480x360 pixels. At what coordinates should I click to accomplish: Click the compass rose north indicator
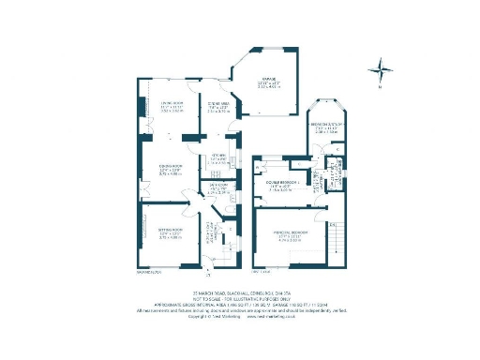[x=380, y=67]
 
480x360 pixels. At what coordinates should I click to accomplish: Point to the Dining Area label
[x=217, y=108]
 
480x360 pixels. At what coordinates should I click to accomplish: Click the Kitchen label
[x=217, y=159]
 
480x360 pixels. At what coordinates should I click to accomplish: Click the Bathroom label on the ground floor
[x=217, y=189]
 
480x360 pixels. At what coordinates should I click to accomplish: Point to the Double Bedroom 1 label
[x=282, y=186]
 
